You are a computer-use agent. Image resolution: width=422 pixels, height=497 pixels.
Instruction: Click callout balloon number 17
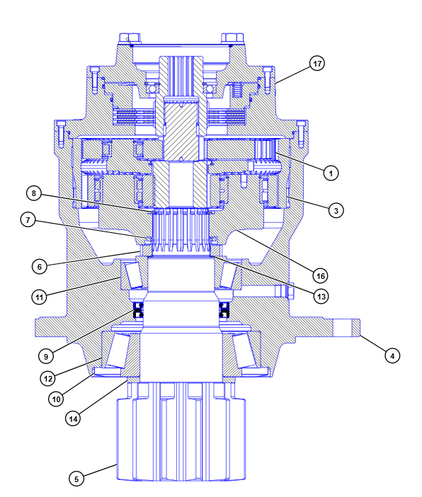tap(317, 64)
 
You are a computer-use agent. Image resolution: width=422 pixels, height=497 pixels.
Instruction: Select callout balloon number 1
tap(331, 173)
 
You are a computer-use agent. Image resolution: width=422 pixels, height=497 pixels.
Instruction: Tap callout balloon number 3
tap(336, 210)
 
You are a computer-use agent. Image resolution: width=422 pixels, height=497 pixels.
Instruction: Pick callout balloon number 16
tap(320, 276)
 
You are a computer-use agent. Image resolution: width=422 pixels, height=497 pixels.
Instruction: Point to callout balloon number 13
tap(321, 297)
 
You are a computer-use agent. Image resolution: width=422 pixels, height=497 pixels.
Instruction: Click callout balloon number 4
tap(392, 356)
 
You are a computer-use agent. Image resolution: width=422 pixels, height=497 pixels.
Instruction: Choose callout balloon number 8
tap(34, 193)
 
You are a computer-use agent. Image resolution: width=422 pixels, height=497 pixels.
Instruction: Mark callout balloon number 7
tap(28, 220)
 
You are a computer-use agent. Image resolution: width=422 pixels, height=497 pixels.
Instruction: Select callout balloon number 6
tap(40, 267)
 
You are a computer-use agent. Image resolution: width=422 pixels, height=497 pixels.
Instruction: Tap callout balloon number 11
tap(39, 297)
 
